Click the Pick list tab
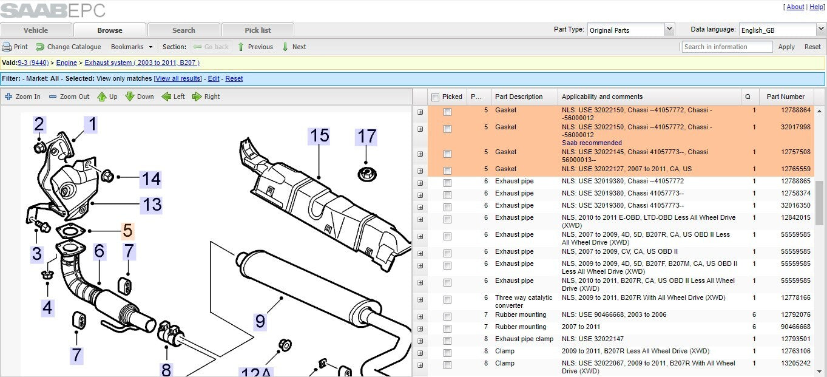[x=258, y=30]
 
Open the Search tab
[x=183, y=30]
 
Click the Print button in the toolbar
[x=15, y=47]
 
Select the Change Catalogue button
[x=69, y=47]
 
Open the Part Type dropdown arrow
[x=669, y=30]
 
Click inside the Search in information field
[x=726, y=47]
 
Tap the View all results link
[x=178, y=78]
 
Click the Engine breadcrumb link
[x=67, y=63]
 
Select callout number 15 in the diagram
[x=319, y=135]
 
